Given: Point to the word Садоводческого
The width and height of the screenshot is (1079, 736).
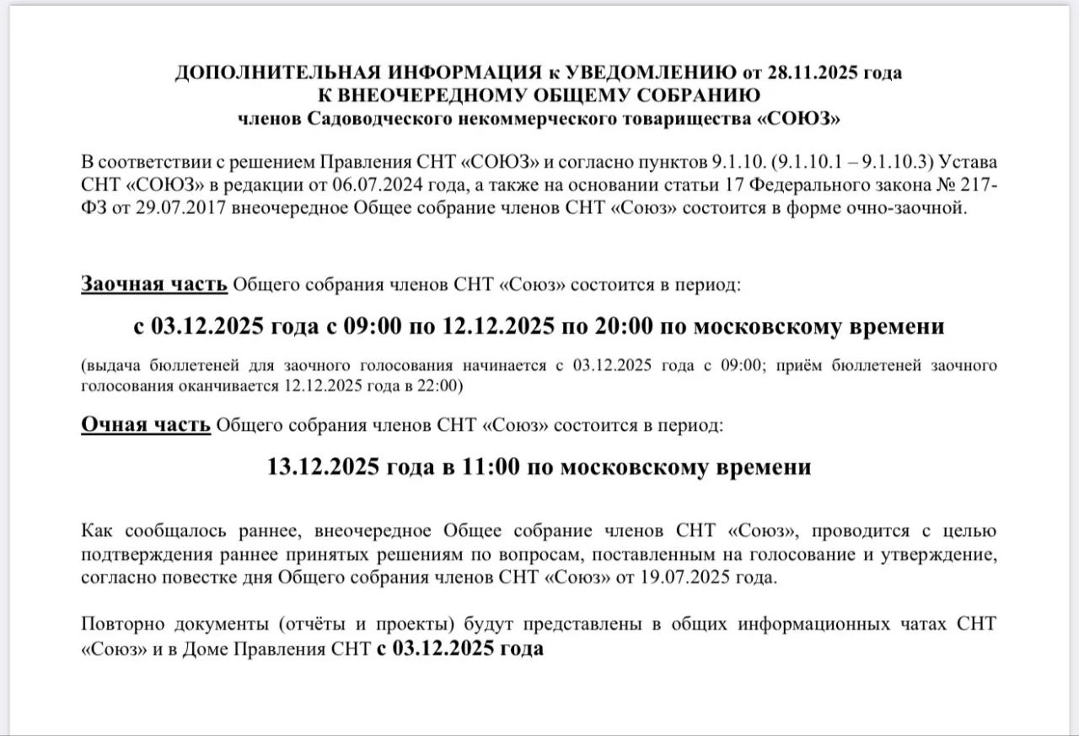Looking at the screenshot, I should tap(368, 118).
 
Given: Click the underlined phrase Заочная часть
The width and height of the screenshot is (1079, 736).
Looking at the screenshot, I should tap(154, 284).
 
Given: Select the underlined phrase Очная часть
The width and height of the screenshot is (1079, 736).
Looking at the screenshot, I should tap(146, 425).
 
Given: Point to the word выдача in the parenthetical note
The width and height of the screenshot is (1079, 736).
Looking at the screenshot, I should tap(112, 366).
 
